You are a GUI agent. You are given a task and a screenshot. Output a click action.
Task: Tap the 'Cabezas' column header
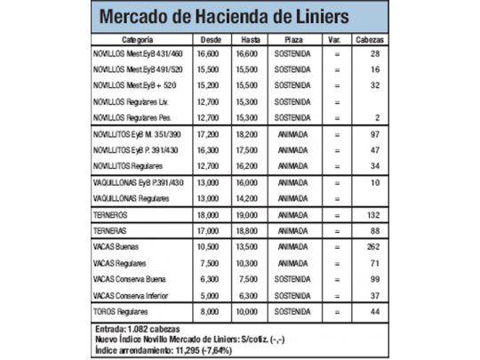tap(370, 40)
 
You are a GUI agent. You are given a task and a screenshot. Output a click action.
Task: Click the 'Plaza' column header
tap(292, 40)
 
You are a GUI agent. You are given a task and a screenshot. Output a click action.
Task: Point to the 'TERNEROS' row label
tap(110, 213)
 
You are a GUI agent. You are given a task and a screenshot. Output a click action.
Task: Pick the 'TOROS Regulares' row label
tap(122, 313)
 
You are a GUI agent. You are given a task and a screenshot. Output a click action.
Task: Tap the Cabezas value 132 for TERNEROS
tap(373, 213)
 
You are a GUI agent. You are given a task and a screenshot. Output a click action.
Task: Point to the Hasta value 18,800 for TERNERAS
tap(250, 229)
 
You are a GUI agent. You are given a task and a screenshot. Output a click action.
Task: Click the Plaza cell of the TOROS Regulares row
tap(292, 313)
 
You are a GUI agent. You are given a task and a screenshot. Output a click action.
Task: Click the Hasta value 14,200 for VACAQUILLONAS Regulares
tap(250, 197)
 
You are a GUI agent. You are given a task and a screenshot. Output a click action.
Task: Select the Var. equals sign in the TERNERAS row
tap(337, 229)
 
